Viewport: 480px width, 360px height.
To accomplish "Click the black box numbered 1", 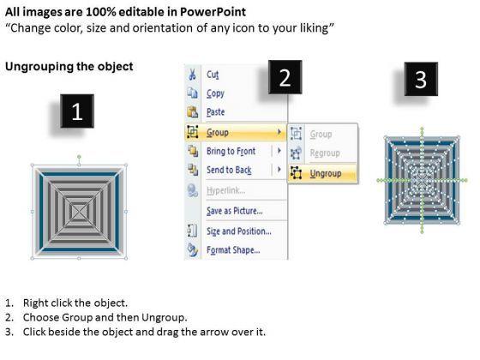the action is (77, 111).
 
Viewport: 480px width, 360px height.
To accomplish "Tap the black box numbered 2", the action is (285, 77).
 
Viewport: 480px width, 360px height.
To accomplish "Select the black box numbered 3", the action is (421, 79).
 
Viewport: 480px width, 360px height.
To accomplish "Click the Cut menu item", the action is (213, 75).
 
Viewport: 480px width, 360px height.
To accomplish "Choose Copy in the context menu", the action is (215, 93).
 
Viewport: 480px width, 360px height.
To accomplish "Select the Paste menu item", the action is (215, 112).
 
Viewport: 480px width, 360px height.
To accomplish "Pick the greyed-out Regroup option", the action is (325, 153).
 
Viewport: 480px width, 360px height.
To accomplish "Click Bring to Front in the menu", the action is (231, 151).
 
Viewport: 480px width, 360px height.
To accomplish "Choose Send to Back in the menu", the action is (229, 170).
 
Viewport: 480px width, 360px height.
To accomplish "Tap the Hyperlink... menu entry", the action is (225, 190).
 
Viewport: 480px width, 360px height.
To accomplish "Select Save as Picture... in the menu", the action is (235, 211).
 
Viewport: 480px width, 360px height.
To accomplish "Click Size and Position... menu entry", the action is (239, 231).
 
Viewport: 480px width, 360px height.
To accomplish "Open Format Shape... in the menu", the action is (233, 250).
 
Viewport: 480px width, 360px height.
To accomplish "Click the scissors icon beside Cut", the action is (192, 75).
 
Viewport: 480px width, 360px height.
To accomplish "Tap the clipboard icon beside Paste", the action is (192, 112).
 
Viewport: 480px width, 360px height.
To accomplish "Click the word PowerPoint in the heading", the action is (213, 12).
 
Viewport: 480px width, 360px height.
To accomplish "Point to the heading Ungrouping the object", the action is (69, 67).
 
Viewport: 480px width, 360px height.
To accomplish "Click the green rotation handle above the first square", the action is (79, 157).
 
